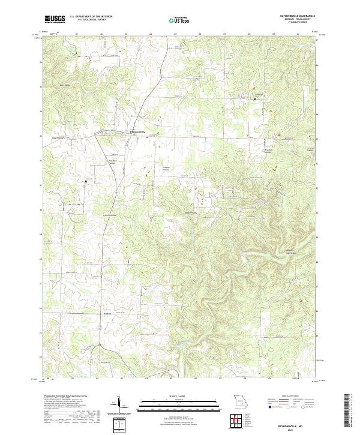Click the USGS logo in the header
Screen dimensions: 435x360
(55, 19)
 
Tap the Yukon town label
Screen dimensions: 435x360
(108, 313)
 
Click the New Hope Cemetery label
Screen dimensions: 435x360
(262, 151)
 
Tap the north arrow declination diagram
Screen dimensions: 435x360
(118, 404)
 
